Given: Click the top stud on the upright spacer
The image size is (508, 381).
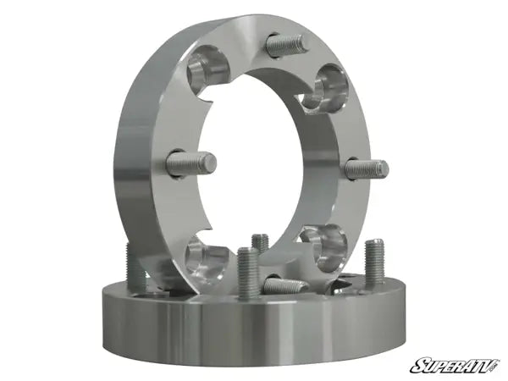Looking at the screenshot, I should pos(286,44).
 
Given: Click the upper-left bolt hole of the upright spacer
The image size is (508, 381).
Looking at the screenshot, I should pos(206,64).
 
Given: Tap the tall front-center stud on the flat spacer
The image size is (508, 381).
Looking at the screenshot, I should pos(247,271).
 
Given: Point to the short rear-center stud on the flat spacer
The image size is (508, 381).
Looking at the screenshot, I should pos(261,244).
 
